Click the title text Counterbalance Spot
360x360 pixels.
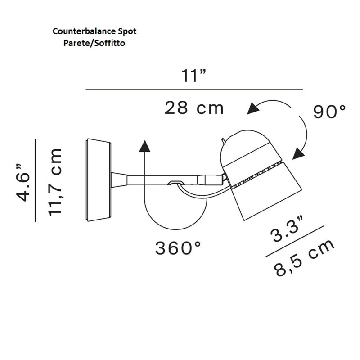click(x=94, y=31)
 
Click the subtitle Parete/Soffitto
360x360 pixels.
click(x=94, y=44)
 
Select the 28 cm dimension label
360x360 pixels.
click(x=194, y=108)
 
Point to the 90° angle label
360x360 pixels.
click(x=330, y=112)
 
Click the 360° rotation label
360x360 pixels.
click(x=178, y=248)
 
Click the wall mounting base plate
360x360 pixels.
click(x=98, y=180)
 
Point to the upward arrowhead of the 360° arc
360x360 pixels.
click(x=144, y=145)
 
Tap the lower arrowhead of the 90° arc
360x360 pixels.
click(x=297, y=155)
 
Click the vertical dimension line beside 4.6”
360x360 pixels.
click(x=35, y=180)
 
